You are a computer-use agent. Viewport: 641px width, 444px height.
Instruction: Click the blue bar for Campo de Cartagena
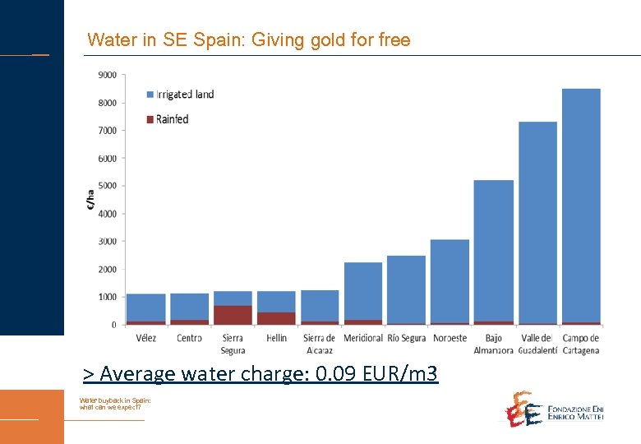(581, 206)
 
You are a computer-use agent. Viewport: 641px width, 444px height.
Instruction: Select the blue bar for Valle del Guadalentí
(537, 222)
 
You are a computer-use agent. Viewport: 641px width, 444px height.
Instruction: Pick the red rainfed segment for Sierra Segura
(233, 315)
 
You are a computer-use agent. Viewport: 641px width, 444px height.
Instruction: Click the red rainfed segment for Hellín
(276, 318)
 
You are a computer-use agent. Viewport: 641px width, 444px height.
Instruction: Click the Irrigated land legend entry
(179, 95)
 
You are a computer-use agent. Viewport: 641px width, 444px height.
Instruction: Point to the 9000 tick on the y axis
(107, 75)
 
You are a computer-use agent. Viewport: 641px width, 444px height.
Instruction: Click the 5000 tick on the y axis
(107, 186)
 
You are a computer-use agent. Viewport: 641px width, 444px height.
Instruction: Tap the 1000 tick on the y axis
(107, 297)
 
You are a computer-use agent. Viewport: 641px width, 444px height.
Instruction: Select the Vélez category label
(145, 338)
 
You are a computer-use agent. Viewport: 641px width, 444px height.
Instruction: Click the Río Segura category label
(406, 338)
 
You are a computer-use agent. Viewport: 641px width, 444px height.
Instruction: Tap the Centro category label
(189, 338)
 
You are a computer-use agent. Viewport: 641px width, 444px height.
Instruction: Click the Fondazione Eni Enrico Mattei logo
(554, 409)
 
